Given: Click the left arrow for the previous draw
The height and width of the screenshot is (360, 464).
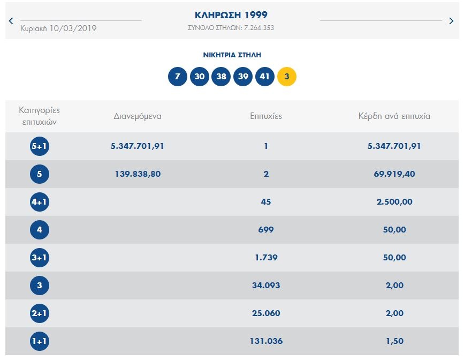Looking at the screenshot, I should (11, 21).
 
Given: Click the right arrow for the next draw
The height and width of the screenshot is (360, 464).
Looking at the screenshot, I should (452, 21).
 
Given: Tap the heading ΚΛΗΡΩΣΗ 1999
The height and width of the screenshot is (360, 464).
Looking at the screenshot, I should (231, 15).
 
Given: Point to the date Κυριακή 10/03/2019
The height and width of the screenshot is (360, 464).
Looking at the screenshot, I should (58, 28).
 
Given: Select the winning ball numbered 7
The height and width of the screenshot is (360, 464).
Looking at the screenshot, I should (178, 77).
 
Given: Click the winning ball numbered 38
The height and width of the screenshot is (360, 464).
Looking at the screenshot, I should (221, 77).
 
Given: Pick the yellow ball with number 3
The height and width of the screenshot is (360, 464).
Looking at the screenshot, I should (287, 77).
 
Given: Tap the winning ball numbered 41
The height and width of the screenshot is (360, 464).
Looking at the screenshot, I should (265, 77).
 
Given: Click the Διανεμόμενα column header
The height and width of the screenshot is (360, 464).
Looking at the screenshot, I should (138, 116).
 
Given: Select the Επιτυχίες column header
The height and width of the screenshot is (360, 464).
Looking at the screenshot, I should (266, 116).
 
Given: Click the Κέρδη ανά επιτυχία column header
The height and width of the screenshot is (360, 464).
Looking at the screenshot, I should (394, 116).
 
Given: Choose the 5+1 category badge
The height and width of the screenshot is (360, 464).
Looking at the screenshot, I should (40, 146).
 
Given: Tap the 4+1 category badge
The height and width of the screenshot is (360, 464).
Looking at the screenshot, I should (40, 202).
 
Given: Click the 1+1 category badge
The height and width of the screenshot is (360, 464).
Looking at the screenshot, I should (40, 341).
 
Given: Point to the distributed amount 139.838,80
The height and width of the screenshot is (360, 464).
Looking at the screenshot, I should (138, 174).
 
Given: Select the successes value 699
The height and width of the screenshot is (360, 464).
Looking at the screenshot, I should (266, 230).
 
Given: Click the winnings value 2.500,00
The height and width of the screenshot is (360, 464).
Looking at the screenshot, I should (394, 202).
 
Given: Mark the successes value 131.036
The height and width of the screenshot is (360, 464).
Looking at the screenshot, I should (266, 341).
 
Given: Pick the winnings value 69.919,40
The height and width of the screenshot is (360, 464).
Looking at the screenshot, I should (394, 174).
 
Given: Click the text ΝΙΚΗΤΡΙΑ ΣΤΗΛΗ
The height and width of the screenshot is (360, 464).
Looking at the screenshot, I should (232, 55).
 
